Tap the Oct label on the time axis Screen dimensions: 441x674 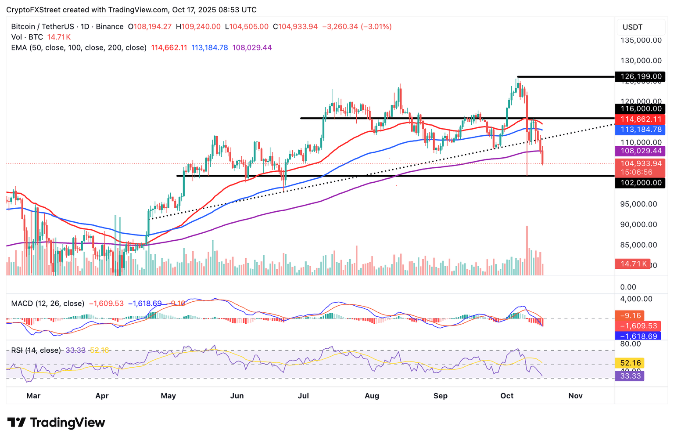point(507,396)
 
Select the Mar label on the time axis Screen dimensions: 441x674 point(33,396)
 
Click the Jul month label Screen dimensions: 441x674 point(303,396)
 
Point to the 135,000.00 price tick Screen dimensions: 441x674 point(641,40)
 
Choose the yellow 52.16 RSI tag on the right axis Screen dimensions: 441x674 point(631,363)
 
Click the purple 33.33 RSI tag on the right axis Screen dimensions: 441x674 point(631,376)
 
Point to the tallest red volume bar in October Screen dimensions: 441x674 point(527,250)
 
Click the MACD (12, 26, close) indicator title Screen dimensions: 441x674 point(47,304)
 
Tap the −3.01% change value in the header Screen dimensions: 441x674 point(376,26)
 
